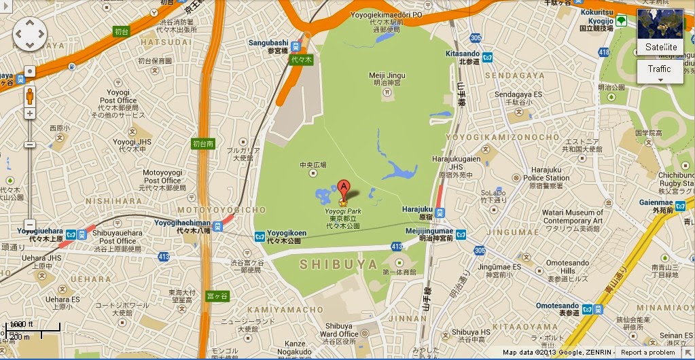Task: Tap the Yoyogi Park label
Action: [342, 211]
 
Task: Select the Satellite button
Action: [660, 47]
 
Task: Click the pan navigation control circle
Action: [30, 34]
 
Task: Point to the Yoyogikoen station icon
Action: [260, 236]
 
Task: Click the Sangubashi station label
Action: [268, 42]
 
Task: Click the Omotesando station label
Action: [556, 306]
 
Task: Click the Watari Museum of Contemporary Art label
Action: [573, 217]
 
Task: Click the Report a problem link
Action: [647, 353]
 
